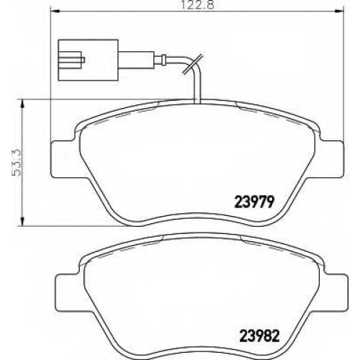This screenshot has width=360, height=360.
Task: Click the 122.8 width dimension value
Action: (197, 5)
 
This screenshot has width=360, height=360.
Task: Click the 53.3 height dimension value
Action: (17, 163)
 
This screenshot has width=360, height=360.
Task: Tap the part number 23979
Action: (254, 202)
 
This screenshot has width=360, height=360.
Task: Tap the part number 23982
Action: (260, 336)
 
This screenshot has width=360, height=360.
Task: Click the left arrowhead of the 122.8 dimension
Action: (55, 10)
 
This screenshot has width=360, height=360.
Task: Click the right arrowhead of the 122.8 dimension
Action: (339, 10)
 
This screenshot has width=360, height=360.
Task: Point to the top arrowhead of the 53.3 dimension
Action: (22, 104)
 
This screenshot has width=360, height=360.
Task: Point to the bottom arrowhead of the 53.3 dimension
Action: (22, 221)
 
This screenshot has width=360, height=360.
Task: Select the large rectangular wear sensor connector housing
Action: (88, 60)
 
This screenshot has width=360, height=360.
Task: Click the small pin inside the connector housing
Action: (84, 60)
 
